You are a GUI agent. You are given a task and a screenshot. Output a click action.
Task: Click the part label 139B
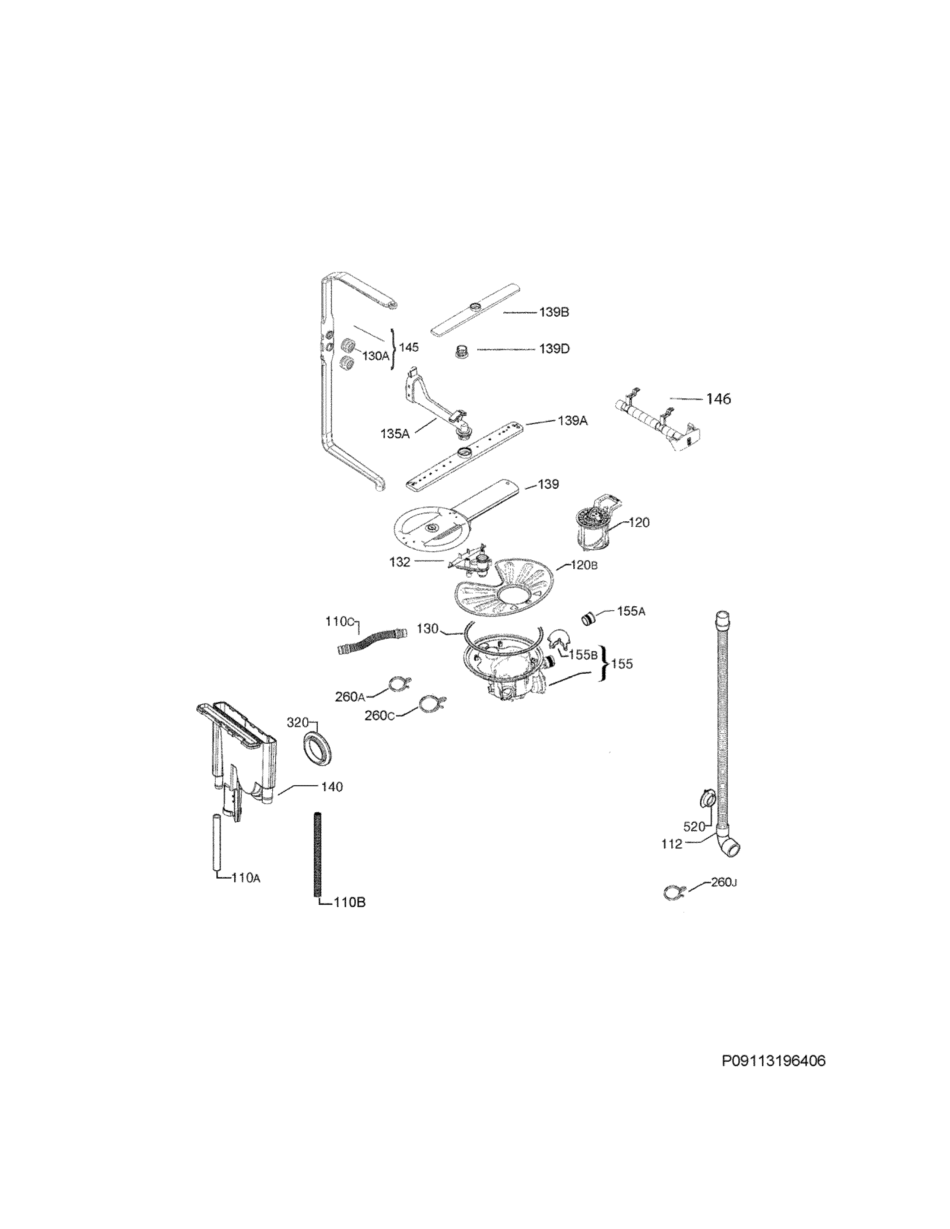(554, 312)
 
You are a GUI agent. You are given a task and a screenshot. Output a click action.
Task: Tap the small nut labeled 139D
(462, 352)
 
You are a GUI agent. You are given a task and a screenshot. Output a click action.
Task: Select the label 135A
(395, 434)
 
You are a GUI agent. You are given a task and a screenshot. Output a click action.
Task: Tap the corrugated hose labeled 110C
(371, 642)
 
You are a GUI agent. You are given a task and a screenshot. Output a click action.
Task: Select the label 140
(332, 787)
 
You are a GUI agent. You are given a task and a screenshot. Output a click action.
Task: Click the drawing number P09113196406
(773, 1061)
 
